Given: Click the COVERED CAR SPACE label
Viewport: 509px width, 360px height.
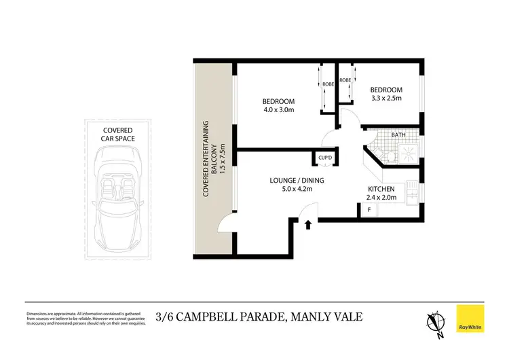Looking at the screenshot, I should (118, 134).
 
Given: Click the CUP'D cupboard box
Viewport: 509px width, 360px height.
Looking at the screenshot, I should (325, 158).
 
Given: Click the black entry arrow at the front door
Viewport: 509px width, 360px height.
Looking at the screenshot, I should (309, 224).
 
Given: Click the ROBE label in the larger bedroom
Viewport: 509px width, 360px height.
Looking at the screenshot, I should (328, 84).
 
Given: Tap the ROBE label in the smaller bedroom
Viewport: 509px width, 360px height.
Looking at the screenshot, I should (345, 80).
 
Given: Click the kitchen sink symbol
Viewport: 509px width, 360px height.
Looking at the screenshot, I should (411, 190).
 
